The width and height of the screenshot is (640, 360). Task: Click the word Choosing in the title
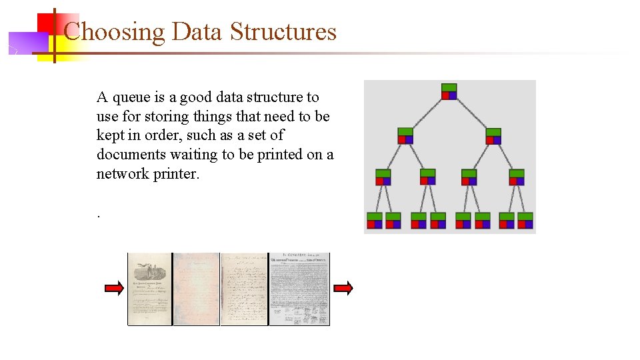(x=113, y=31)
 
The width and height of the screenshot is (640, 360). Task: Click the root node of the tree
(x=449, y=91)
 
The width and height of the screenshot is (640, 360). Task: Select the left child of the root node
(x=405, y=135)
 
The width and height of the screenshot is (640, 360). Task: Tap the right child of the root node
(x=493, y=135)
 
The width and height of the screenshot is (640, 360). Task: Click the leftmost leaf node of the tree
(x=375, y=221)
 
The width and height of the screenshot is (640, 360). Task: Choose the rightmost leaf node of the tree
(x=525, y=221)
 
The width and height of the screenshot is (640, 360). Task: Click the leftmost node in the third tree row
(x=383, y=177)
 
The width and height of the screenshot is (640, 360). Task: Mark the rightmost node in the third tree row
(x=517, y=177)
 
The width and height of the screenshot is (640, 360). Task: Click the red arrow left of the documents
(x=114, y=288)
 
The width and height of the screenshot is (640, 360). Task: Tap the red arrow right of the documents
(x=343, y=288)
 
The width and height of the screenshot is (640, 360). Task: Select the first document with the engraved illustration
(x=150, y=289)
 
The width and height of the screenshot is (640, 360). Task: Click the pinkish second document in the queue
(x=196, y=289)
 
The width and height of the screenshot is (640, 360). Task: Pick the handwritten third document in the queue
(x=243, y=289)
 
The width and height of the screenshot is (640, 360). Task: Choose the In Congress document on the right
(x=299, y=289)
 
